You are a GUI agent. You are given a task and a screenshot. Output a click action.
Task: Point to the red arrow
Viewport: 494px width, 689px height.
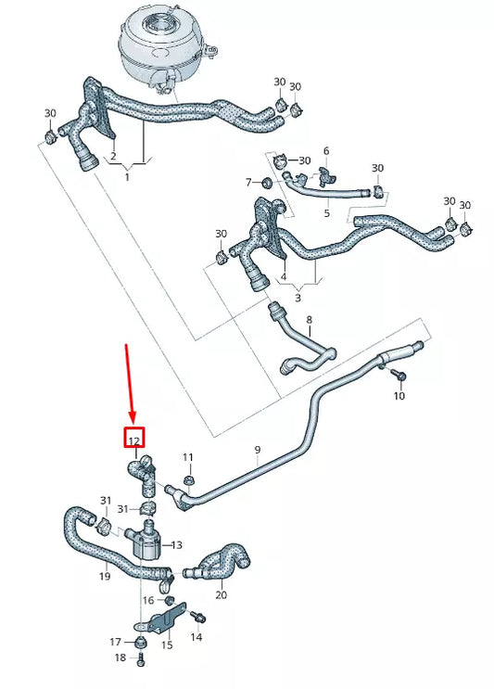click(131, 380)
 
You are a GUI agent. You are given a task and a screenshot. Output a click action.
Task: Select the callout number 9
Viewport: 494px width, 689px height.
click(258, 451)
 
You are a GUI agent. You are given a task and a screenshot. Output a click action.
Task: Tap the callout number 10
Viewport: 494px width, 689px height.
click(399, 396)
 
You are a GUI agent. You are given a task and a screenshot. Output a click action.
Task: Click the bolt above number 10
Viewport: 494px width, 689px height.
click(399, 375)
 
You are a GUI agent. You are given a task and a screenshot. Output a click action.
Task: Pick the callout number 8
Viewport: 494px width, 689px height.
click(310, 322)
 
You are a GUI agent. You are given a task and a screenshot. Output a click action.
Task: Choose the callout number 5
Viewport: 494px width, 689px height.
click(326, 212)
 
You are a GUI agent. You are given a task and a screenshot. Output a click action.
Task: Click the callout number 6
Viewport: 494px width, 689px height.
click(326, 150)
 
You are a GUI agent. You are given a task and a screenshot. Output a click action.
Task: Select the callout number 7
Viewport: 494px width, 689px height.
click(249, 181)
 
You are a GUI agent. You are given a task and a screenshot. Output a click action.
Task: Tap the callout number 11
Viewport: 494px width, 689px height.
click(188, 457)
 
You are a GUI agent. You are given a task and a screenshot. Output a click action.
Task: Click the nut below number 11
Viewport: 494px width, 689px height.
click(188, 479)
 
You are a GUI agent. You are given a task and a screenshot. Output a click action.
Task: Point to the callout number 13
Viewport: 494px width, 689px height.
click(176, 544)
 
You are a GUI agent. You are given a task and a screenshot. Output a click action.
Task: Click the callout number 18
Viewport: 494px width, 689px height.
click(119, 657)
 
